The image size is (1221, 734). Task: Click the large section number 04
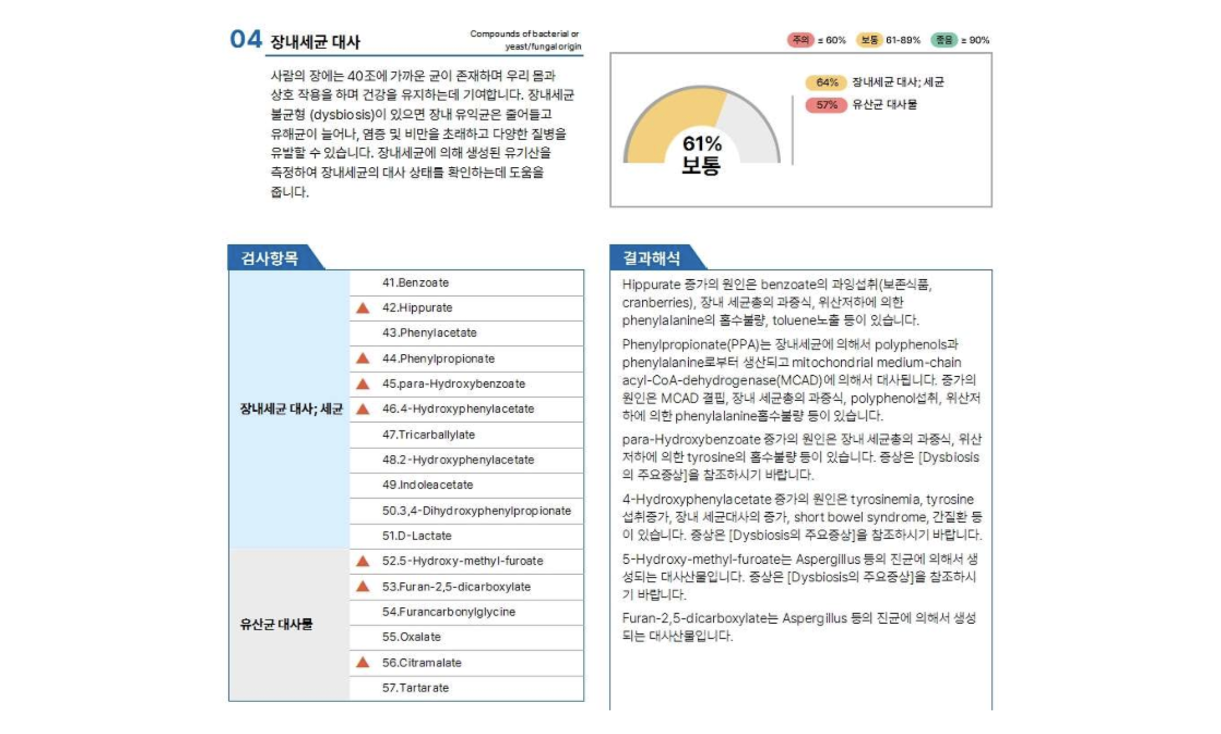[x=246, y=39]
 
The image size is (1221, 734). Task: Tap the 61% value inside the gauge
[x=701, y=144]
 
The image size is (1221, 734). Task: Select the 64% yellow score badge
[x=826, y=82]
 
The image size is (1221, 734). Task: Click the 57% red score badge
[x=826, y=105]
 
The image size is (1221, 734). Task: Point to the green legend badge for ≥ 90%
[x=943, y=40]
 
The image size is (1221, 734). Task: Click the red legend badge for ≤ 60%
[x=800, y=40]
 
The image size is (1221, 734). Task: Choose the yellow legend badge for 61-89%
[x=869, y=40]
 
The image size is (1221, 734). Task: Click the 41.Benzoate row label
[x=415, y=283]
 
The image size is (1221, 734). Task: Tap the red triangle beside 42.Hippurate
[x=363, y=308]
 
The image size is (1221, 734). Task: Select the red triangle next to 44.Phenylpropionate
[x=363, y=358]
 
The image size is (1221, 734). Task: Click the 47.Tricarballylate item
[x=428, y=435]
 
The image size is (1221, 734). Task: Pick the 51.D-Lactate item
[x=417, y=536]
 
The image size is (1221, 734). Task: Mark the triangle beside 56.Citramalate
[x=363, y=662]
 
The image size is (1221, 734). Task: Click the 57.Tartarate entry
[x=415, y=688]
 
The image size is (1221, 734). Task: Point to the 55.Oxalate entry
[x=411, y=637]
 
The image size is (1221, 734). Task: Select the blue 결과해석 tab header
[x=651, y=258]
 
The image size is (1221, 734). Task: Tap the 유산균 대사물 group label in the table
[x=276, y=624]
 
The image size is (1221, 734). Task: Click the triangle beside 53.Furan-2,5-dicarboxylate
[x=363, y=586]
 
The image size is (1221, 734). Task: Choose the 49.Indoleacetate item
[x=427, y=485]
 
